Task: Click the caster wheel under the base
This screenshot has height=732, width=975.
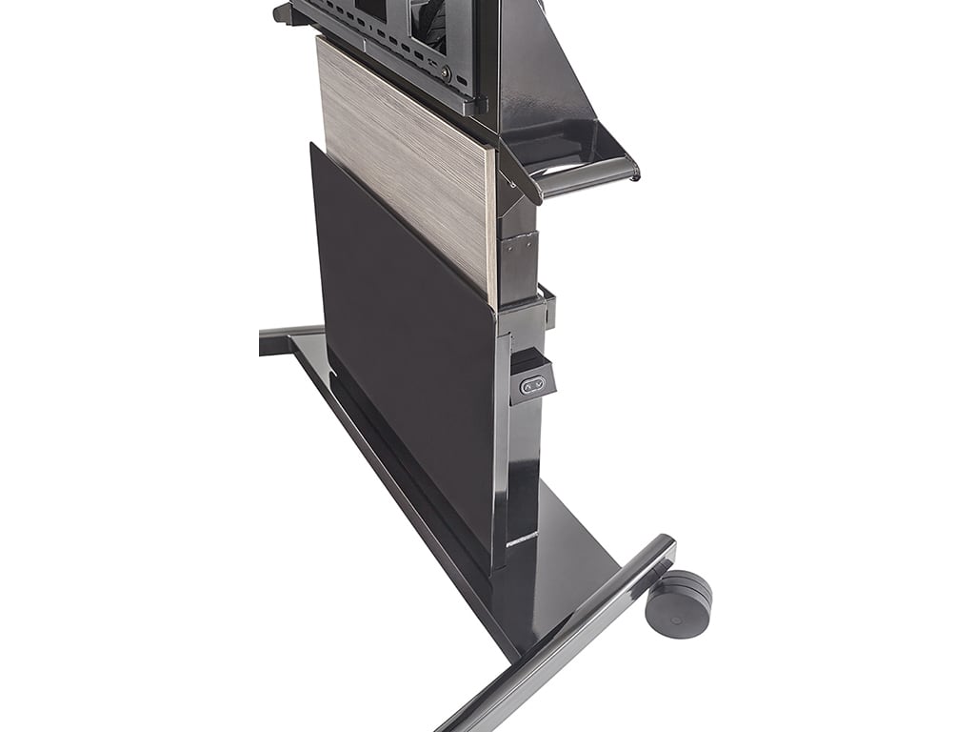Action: [x=678, y=602]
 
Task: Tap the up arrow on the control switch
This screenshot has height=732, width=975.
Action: [x=527, y=385]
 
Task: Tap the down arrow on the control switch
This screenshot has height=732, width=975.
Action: [x=539, y=384]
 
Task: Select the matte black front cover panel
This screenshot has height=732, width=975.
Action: [x=400, y=362]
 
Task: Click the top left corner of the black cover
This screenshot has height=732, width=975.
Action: [x=313, y=146]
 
